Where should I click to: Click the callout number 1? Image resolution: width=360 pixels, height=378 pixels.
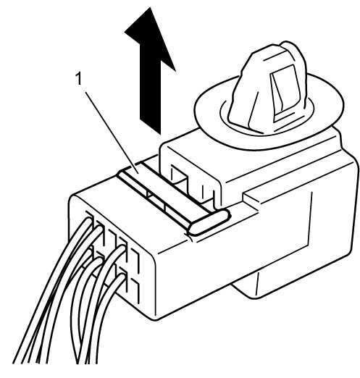79,79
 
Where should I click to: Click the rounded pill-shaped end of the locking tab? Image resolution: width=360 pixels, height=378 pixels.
209,222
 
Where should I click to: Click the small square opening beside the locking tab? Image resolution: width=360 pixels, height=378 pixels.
179,176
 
